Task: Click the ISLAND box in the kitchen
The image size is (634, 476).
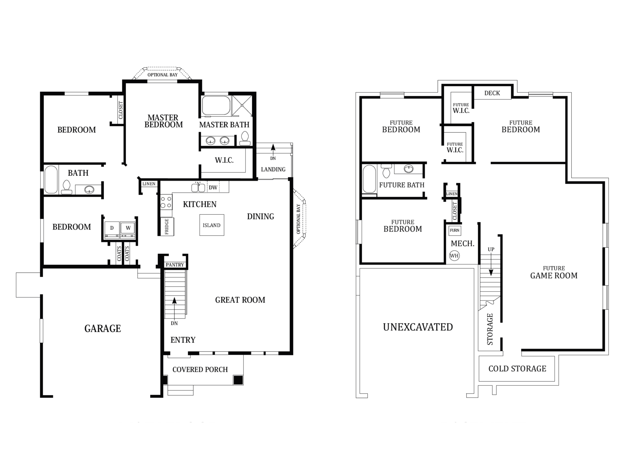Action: tap(212, 225)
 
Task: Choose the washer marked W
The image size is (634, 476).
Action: tap(128, 230)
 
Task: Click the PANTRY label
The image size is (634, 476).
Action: tap(175, 265)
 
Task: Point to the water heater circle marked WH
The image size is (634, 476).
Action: tap(454, 256)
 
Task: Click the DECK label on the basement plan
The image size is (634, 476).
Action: tap(492, 93)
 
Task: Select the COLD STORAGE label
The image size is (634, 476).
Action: tap(517, 369)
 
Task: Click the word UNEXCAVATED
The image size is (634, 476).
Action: tap(418, 327)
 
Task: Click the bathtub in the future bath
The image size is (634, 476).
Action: tap(369, 179)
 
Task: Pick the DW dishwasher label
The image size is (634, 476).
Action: tap(213, 188)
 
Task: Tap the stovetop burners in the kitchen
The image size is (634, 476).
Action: tap(166, 202)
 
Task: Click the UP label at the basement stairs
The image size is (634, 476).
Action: tap(491, 249)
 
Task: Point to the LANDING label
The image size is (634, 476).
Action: tap(273, 170)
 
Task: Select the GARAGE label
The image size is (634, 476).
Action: tap(103, 328)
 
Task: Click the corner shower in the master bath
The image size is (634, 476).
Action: tap(242, 106)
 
